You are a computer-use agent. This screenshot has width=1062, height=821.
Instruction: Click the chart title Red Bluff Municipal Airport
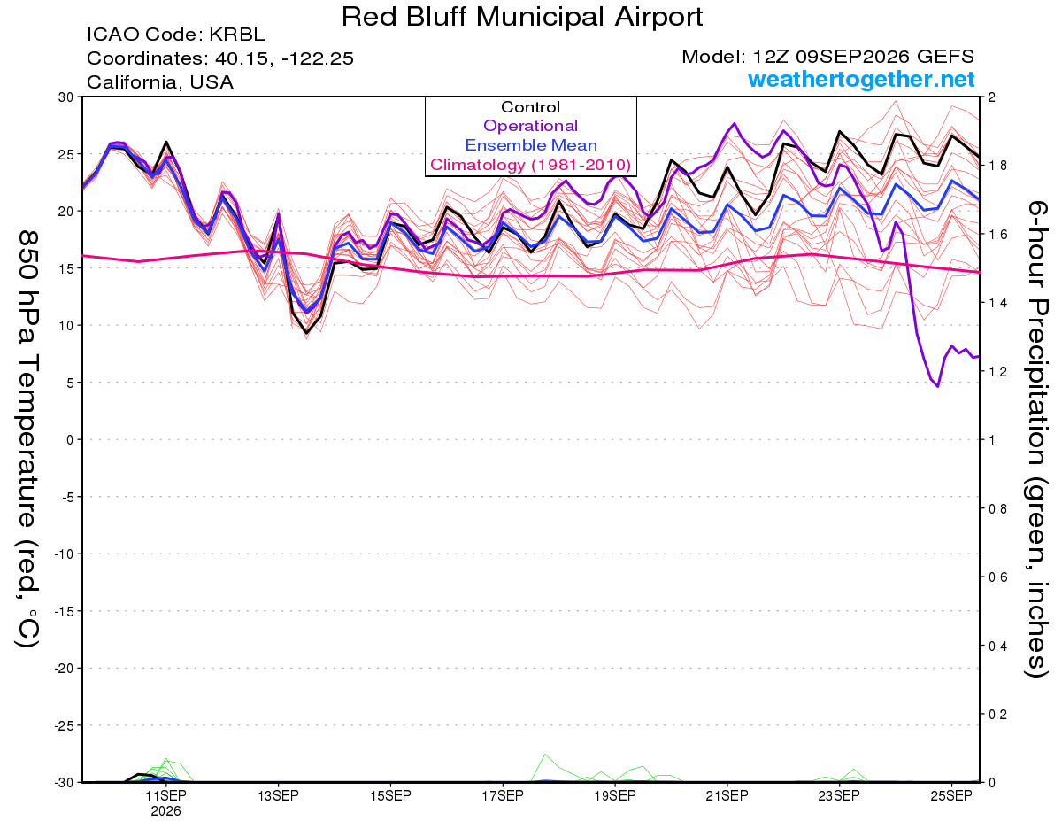pos(521,17)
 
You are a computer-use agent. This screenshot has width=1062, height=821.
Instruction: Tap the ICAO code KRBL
pos(236,35)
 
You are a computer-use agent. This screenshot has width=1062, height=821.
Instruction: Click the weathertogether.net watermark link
pos(861,79)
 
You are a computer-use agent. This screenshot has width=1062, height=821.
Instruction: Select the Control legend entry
pos(530,107)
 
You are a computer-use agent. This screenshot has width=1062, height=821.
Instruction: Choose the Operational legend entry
pos(530,126)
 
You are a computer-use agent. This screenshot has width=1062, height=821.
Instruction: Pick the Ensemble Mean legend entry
pos(531,145)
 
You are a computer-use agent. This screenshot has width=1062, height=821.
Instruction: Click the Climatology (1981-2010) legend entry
pos(530,165)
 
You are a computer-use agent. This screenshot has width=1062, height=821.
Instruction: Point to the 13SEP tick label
pos(278,795)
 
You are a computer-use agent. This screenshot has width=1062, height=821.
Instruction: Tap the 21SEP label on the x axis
pos(727,795)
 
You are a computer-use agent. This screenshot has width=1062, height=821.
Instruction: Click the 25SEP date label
pos(951,795)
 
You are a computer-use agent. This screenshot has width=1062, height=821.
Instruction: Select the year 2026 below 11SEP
pos(165,811)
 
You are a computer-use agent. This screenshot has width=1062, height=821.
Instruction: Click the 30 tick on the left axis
pos(66,97)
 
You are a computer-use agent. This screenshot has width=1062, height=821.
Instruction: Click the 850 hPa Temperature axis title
pos(27,439)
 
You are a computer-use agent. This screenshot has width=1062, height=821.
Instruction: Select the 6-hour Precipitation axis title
pos(1035,439)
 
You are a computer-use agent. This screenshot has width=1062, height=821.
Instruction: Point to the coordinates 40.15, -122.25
pos(284,58)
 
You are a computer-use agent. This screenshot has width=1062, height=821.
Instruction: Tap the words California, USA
pos(160,82)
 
